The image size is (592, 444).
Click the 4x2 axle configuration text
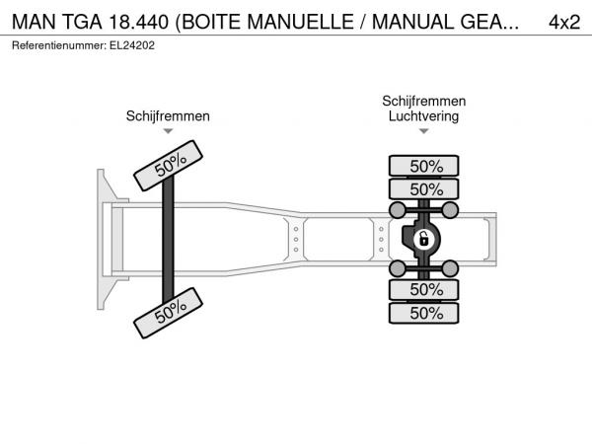point(564,23)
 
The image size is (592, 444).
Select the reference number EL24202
point(132,45)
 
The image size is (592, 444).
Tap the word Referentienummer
point(59,45)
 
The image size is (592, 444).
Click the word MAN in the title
point(34,22)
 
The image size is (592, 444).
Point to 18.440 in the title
point(138,22)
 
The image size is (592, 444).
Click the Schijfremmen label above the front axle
point(168,116)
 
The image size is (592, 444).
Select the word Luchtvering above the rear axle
point(423,116)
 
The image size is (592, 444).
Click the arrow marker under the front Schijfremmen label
point(168,131)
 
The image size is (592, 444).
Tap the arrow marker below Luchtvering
point(424,131)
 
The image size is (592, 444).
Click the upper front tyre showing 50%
point(169,166)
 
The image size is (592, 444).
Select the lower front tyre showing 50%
point(169,313)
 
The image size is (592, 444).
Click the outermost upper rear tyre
point(424,166)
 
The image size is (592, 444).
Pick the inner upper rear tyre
point(424,189)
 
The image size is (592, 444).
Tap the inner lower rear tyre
point(424,289)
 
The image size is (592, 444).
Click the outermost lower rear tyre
point(424,313)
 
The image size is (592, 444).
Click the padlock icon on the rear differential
point(424,240)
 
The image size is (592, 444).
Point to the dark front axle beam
point(168,240)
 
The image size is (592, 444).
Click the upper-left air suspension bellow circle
point(398,210)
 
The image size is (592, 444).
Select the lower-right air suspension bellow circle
point(450,268)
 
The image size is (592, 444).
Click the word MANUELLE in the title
point(300,22)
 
